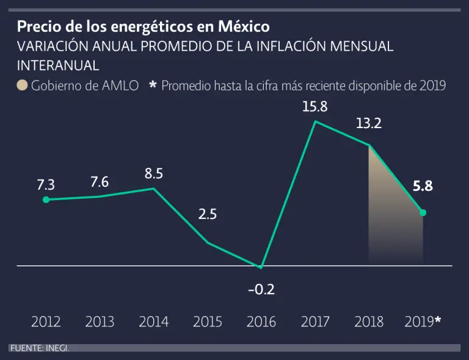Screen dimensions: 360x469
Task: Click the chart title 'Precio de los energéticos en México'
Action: [x=143, y=27]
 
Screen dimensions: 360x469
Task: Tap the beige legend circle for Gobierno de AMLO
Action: [x=23, y=85]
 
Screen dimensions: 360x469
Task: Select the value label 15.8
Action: [x=315, y=107]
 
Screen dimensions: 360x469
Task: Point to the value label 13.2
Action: [x=369, y=124]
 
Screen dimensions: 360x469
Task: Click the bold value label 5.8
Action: [x=423, y=187]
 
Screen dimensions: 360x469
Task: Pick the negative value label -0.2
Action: [x=261, y=289]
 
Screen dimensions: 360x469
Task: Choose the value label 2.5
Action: [x=208, y=215]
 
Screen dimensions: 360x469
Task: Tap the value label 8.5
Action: [x=153, y=174]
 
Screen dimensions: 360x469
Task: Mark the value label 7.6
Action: [x=100, y=182]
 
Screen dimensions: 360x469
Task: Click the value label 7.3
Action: [x=46, y=185]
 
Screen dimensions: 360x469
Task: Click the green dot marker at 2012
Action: [x=46, y=200]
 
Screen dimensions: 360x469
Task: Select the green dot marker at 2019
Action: [x=423, y=212]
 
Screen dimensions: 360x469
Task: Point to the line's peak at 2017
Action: [x=315, y=121]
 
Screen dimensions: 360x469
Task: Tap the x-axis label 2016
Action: [x=261, y=322]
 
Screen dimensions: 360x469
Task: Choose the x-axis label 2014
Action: [x=153, y=322]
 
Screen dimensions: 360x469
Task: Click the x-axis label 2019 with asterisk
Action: [x=423, y=322]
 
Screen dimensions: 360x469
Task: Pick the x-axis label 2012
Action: [x=46, y=322]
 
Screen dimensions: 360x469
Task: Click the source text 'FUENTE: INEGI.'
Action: [x=39, y=348]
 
